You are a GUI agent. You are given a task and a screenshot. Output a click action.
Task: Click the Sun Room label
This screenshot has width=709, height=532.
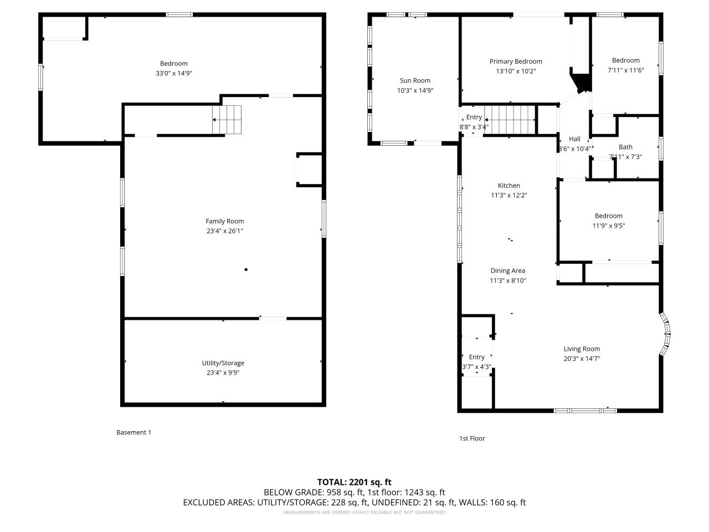[x=415, y=80]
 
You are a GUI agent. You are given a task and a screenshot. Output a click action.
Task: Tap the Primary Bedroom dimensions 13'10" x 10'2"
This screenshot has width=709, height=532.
[x=516, y=71]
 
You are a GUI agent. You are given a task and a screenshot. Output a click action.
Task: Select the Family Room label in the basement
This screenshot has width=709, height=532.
[x=224, y=221]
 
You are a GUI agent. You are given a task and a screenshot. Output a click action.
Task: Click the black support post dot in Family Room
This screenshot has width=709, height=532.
[x=246, y=270]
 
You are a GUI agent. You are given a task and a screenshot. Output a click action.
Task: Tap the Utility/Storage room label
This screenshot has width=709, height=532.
[x=223, y=363]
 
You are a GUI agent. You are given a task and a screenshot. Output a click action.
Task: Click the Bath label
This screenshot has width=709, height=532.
[x=625, y=147]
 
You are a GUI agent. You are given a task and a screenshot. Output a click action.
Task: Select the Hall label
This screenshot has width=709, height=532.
[x=574, y=139]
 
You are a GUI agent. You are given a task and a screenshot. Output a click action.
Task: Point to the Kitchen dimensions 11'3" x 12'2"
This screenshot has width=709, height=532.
[x=508, y=195]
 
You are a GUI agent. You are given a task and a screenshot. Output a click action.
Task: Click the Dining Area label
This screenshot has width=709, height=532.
[x=507, y=271]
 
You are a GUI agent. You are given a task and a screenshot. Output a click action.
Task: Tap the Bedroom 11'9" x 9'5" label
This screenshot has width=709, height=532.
[x=608, y=216]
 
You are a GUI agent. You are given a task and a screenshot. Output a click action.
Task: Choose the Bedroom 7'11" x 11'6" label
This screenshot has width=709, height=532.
[x=625, y=60]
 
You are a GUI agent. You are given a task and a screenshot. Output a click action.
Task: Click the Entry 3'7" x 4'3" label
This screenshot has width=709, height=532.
[x=476, y=357]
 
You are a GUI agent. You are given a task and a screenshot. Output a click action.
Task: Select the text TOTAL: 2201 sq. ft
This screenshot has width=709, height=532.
[x=354, y=482]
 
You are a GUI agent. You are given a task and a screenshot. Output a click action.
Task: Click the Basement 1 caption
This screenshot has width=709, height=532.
[x=133, y=432]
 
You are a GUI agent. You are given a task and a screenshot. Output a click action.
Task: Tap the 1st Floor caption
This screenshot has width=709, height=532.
[x=472, y=438]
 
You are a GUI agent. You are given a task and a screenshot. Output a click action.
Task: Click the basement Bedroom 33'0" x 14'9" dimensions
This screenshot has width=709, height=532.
[x=174, y=73]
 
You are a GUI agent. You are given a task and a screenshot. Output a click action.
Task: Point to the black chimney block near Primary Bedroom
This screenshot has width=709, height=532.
[x=581, y=81]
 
